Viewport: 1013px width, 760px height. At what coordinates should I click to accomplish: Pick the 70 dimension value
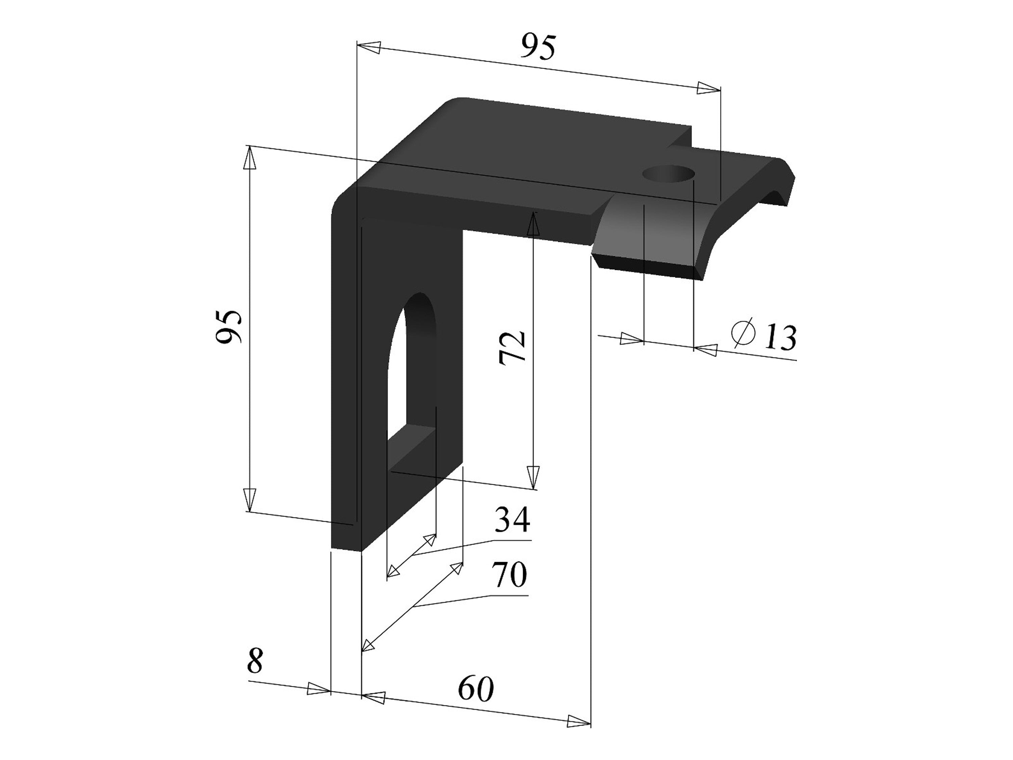click(x=509, y=575)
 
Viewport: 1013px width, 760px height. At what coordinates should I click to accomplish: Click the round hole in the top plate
click(x=669, y=175)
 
